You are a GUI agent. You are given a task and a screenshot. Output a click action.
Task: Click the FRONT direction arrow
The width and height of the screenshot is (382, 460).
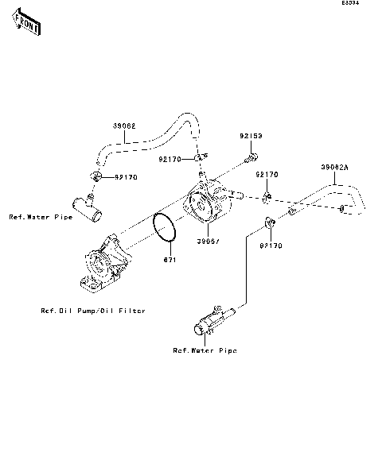(x=26, y=25)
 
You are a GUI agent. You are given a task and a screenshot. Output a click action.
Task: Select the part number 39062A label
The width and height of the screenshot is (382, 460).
(x=334, y=168)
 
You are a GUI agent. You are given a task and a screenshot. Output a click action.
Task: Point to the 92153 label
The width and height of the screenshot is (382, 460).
(x=252, y=137)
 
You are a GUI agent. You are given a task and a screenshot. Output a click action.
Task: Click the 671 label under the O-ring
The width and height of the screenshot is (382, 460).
(x=170, y=260)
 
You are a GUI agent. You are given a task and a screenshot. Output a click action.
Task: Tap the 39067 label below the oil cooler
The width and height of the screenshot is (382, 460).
(x=209, y=241)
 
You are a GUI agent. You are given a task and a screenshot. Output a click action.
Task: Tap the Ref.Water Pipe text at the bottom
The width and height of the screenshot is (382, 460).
(x=205, y=350)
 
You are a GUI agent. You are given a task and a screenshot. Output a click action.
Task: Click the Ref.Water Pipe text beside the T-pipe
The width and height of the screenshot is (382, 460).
(x=40, y=216)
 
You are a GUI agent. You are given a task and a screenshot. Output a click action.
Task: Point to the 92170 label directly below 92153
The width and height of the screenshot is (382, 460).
(x=267, y=174)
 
